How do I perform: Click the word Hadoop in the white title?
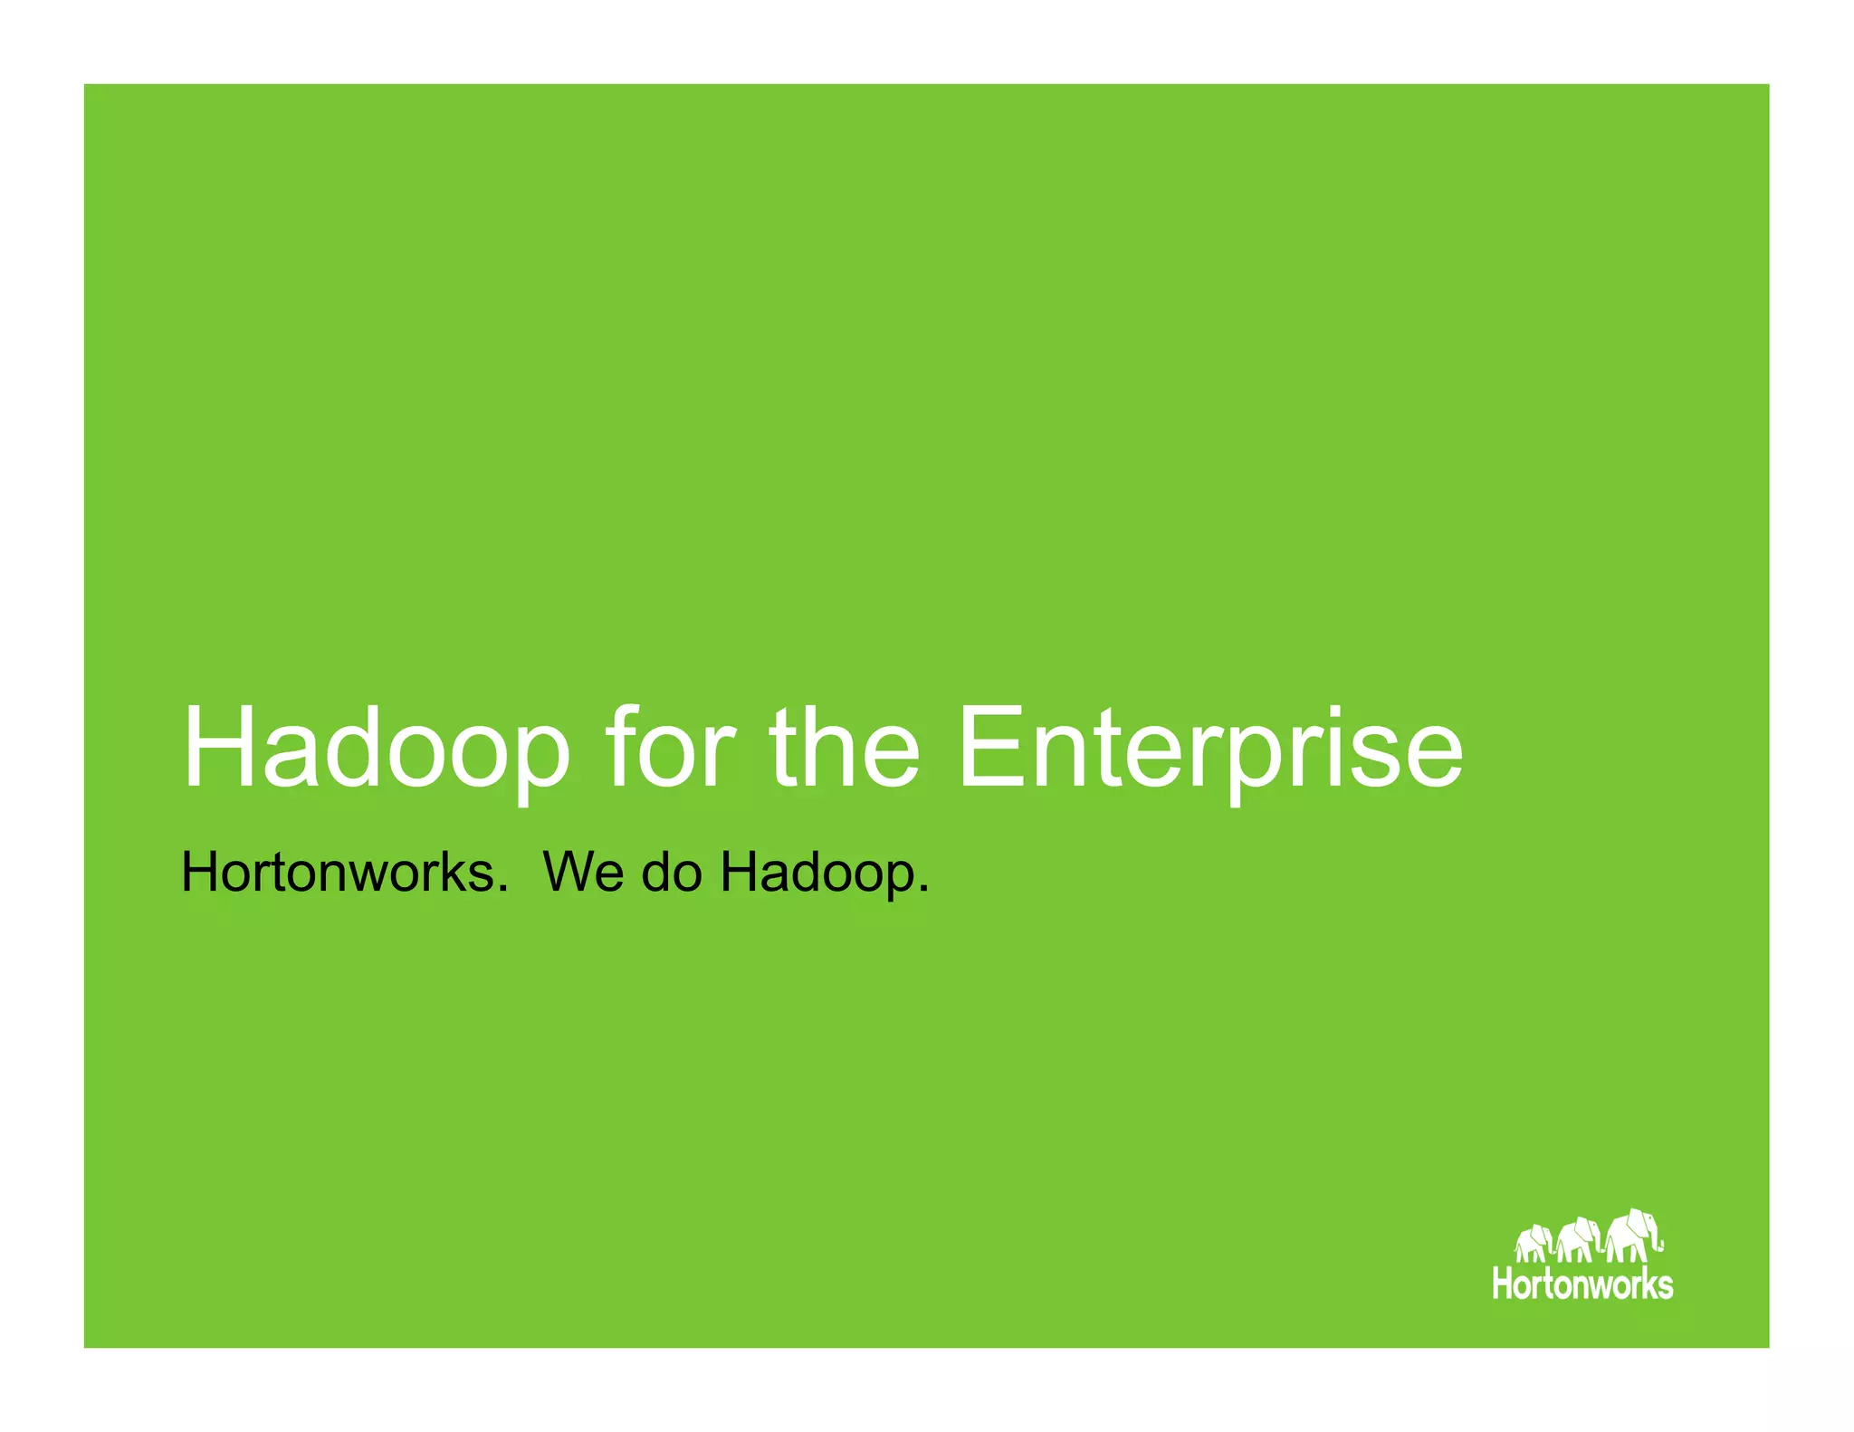[377, 749]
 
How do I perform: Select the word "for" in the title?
[671, 748]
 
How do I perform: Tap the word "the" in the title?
[845, 748]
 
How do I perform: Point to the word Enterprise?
[1209, 749]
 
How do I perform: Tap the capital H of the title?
[216, 748]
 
